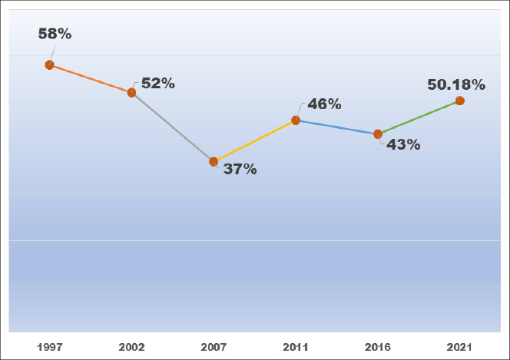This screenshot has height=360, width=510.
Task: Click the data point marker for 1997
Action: (49, 65)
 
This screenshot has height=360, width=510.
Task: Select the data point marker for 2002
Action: (131, 93)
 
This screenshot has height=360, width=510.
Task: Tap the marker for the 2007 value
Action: (214, 162)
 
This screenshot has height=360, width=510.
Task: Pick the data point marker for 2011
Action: (296, 121)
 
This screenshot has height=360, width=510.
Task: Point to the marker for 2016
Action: (378, 134)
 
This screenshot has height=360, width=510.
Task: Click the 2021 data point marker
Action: (459, 101)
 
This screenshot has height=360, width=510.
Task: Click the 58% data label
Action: (55, 35)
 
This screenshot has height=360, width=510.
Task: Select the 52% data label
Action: (158, 84)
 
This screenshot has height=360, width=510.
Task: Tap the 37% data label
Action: (240, 169)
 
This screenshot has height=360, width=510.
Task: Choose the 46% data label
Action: (324, 104)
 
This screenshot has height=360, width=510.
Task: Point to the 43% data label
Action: (403, 144)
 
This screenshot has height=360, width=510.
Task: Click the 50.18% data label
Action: (456, 84)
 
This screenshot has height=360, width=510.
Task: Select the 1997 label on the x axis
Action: (50, 347)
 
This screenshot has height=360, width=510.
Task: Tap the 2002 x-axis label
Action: (131, 347)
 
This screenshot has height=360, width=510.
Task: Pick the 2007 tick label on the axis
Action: (214, 347)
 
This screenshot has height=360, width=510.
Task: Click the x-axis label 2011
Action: (296, 347)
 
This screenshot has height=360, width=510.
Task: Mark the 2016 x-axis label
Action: (378, 347)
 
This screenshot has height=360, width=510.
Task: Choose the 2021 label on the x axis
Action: (459, 347)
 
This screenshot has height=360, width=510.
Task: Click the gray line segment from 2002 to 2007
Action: (173, 127)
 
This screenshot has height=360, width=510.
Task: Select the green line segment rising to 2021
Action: (419, 117)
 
